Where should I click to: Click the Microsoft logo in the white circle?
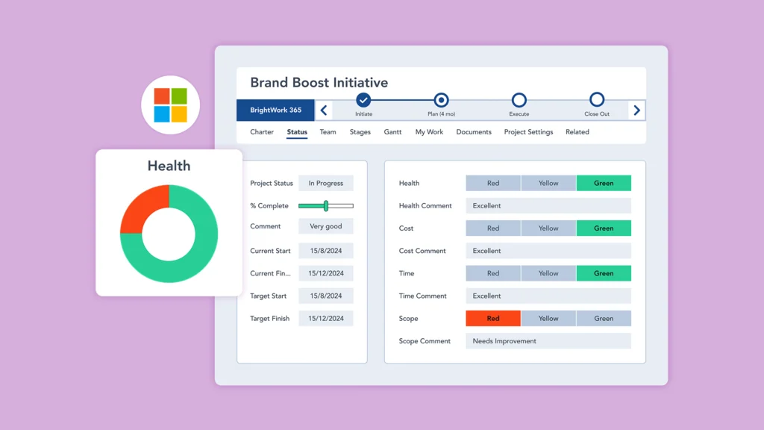[x=170, y=105]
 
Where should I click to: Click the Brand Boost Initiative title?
[x=319, y=83]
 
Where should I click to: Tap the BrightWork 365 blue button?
[x=275, y=110]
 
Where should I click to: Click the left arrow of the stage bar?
[x=323, y=110]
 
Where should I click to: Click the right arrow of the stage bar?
[x=636, y=110]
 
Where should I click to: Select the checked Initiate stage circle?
[x=363, y=100]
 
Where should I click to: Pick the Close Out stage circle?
[x=596, y=100]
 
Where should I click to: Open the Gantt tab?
[x=392, y=132]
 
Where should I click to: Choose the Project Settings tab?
[x=528, y=132]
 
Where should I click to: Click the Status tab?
[x=297, y=132]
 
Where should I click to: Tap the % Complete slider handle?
[x=326, y=206]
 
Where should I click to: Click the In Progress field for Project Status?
[x=326, y=184]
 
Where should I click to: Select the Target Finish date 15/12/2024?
[x=326, y=319]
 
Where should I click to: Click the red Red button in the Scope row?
[x=493, y=319]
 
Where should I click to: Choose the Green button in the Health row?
[x=604, y=184]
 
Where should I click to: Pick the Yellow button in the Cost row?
[x=548, y=228]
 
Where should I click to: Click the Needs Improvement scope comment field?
[x=548, y=341]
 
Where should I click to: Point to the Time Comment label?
[x=422, y=296]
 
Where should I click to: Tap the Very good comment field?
[x=326, y=226]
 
